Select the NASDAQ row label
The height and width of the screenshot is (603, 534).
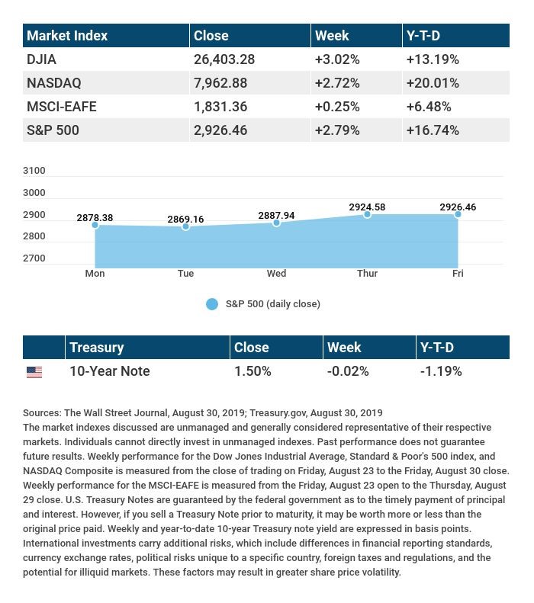click(x=53, y=83)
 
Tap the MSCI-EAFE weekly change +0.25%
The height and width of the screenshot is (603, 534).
click(x=336, y=107)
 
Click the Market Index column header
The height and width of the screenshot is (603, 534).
click(x=67, y=36)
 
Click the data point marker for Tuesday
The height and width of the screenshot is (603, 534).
click(x=185, y=226)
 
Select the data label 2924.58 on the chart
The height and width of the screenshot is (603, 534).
click(x=367, y=207)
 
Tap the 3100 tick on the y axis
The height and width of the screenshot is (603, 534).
click(x=34, y=171)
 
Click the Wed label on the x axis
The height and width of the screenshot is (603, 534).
click(x=276, y=273)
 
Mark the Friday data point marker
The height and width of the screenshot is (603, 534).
click(x=458, y=214)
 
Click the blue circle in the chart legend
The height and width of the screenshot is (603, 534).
click(x=212, y=304)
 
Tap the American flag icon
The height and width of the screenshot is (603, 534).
click(x=34, y=372)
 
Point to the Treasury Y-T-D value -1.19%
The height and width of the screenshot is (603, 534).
click(x=441, y=371)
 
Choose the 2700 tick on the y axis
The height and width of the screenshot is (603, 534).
click(x=34, y=258)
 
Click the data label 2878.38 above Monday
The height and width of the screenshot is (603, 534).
click(x=95, y=218)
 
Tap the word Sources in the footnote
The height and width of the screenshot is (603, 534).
click(x=42, y=412)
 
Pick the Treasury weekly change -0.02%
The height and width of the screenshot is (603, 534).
click(x=348, y=371)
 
